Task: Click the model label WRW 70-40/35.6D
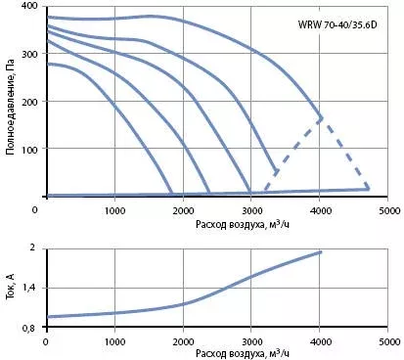point(337,24)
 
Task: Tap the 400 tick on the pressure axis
point(30,6)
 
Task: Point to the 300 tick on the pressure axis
point(30,54)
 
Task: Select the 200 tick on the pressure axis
point(30,101)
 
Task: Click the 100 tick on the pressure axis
point(30,149)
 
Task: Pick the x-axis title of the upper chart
point(243,224)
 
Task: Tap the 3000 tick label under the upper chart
point(251,210)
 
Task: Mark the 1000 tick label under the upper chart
point(114,210)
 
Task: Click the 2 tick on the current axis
point(41,248)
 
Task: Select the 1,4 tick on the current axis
point(37,288)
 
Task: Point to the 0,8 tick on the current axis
point(37,328)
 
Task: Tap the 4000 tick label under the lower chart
point(320,342)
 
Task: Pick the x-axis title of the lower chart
point(243,354)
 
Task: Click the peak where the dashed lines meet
point(321,118)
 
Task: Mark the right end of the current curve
point(321,252)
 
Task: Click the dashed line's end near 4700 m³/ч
point(368,188)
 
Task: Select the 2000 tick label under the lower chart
point(183,342)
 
